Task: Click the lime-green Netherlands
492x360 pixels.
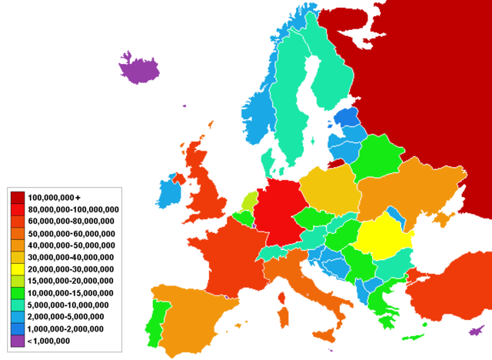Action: coord(249,202)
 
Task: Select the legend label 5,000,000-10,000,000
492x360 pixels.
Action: coord(71,305)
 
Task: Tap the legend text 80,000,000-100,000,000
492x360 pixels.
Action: coord(75,210)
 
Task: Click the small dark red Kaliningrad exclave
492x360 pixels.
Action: coord(337,163)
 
